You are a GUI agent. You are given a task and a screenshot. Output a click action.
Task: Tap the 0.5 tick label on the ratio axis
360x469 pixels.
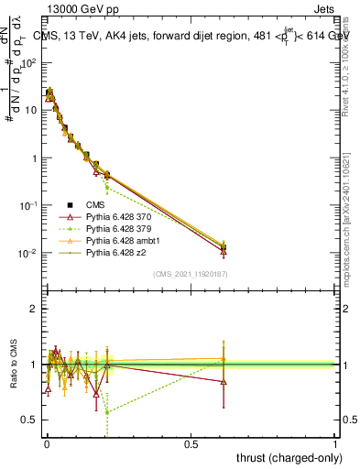(28, 420)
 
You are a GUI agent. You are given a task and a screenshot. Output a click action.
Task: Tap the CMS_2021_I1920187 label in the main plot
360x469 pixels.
(191, 274)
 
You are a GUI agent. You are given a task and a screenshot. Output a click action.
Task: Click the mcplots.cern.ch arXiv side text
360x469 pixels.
(352, 229)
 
